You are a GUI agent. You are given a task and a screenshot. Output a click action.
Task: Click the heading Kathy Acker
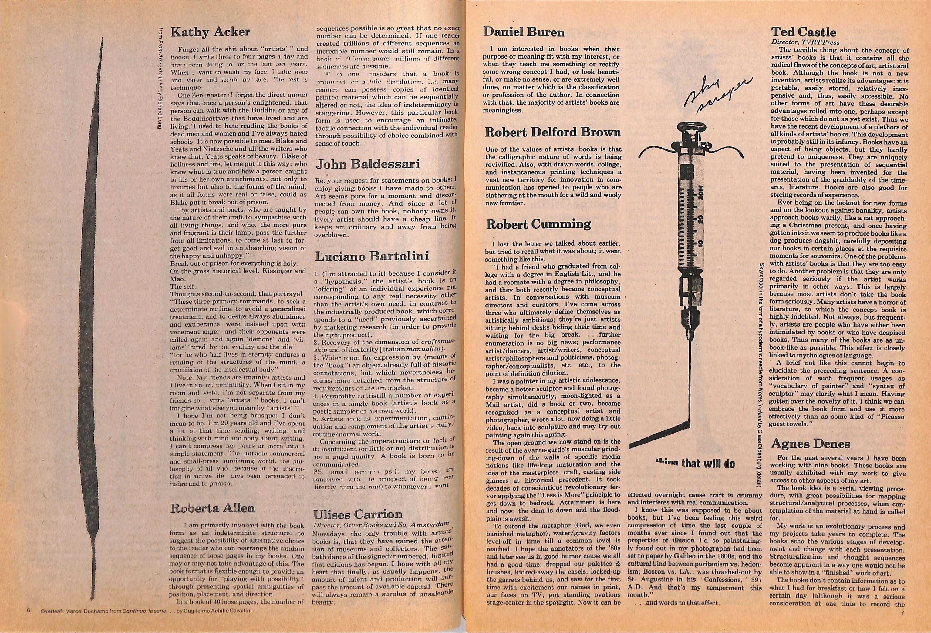(210, 32)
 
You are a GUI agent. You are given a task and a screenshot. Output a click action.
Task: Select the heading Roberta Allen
(212, 508)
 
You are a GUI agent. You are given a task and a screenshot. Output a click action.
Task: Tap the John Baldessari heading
(368, 164)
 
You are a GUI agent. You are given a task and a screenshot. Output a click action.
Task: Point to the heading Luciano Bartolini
(377, 256)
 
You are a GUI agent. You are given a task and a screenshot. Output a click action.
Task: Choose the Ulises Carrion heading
(357, 514)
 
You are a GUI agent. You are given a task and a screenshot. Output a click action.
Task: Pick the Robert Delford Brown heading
(553, 132)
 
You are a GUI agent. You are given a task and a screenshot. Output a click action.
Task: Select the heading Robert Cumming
(538, 224)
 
